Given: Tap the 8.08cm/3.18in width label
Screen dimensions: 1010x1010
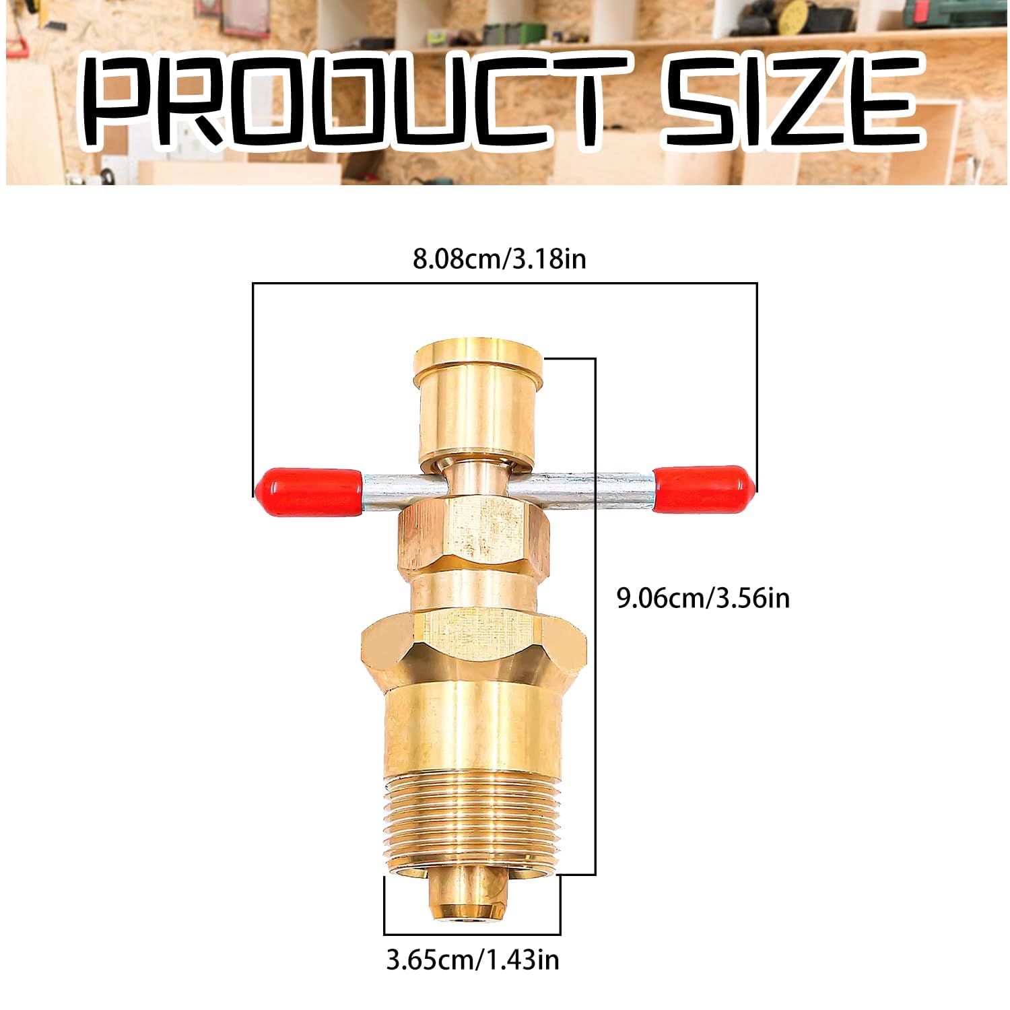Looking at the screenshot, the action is [499, 258].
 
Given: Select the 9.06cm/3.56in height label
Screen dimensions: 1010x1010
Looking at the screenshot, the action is [703, 597].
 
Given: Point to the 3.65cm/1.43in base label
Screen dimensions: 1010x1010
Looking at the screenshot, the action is [473, 959].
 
